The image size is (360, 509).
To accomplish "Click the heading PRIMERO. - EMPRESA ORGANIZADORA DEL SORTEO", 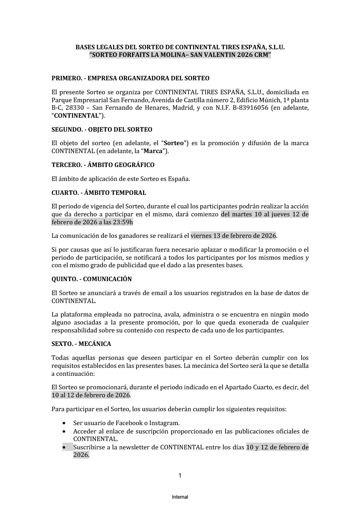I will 130,78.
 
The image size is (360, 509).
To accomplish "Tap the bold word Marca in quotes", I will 150,151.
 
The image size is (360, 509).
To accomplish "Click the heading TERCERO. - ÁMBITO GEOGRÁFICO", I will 103,165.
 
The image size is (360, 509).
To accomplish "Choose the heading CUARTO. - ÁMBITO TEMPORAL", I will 99,193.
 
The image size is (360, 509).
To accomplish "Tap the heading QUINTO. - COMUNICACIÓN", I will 91,279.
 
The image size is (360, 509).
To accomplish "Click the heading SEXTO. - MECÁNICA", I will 81,344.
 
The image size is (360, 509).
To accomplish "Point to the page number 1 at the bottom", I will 180,476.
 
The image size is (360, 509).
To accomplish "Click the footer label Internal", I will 180,497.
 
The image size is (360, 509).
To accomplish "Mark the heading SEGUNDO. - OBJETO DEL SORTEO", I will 102,130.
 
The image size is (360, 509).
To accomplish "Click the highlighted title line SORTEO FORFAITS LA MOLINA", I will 180,55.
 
